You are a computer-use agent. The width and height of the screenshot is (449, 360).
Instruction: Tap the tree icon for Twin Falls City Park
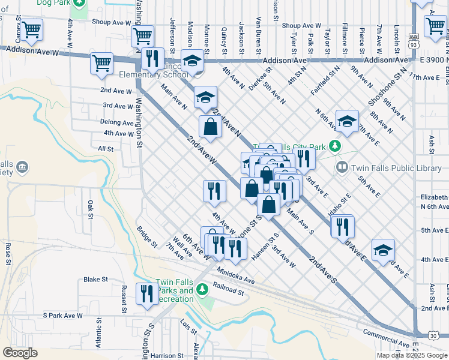click(x=336, y=146)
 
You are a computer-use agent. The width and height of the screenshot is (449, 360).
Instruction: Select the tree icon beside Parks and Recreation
click(x=203, y=290)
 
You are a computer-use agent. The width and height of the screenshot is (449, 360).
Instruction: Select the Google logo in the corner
click(x=20, y=353)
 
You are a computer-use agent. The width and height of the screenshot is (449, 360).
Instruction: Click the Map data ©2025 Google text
click(x=412, y=355)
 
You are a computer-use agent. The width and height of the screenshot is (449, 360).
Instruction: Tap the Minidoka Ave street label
click(x=236, y=275)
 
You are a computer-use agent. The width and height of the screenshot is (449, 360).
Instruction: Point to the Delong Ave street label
click(x=117, y=122)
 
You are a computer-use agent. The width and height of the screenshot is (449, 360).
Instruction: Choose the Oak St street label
click(x=91, y=209)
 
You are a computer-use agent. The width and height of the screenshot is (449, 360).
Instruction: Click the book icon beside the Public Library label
click(x=342, y=167)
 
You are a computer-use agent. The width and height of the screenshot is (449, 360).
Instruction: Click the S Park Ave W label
click(x=63, y=315)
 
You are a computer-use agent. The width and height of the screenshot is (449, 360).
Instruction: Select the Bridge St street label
click(x=146, y=237)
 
